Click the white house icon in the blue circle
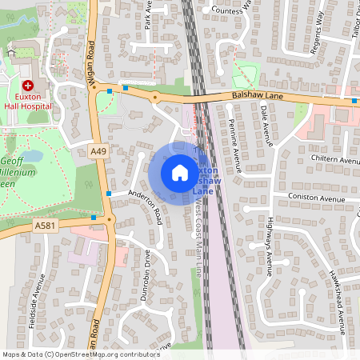pyautogui.click(x=180, y=173)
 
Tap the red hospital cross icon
pyautogui.click(x=28, y=85)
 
